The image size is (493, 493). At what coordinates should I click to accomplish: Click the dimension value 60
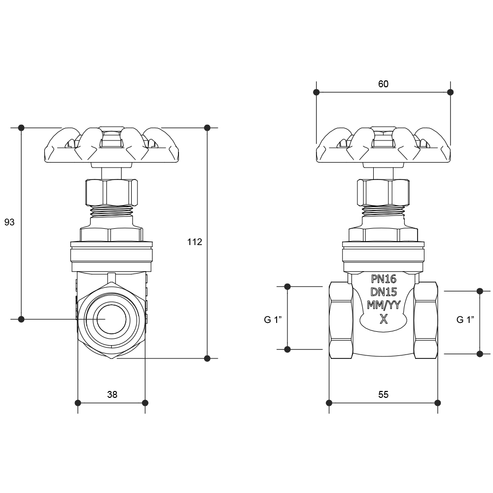383,84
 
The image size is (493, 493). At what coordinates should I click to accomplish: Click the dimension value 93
9,222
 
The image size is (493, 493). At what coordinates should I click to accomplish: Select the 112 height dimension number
195,242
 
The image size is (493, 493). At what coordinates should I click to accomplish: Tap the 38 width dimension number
112,394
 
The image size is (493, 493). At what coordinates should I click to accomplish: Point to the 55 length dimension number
383,394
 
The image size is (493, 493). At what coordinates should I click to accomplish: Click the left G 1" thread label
273,320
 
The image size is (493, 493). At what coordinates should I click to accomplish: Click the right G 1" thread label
465,320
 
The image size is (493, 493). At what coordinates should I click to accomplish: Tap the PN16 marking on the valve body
384,279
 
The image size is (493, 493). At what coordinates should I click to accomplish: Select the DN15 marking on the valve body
384,292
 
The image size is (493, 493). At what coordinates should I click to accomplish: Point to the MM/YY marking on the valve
384,305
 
